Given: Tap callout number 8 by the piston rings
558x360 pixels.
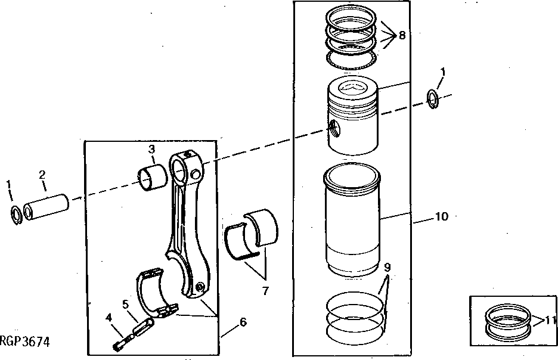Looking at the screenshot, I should click(402, 35).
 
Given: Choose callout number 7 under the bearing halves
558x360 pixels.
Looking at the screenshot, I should click(265, 291).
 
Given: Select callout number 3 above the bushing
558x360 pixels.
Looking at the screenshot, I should click(152, 148).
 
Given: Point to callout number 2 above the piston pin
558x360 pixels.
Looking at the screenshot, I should click(42, 175).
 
